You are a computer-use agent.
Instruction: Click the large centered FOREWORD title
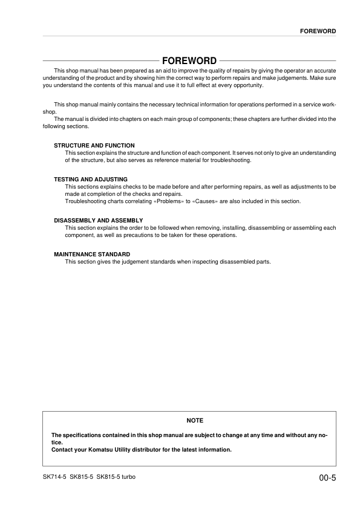(x=189, y=61)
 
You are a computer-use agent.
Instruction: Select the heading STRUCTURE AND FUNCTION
(x=94, y=146)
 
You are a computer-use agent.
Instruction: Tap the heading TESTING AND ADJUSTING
(x=91, y=180)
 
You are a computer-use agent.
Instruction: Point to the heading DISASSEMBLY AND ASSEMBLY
(x=99, y=220)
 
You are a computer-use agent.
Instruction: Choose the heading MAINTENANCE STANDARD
(x=92, y=254)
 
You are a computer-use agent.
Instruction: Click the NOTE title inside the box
(x=195, y=420)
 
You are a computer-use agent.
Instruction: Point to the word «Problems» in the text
(x=177, y=201)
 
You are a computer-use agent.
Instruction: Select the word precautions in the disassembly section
(x=143, y=235)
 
